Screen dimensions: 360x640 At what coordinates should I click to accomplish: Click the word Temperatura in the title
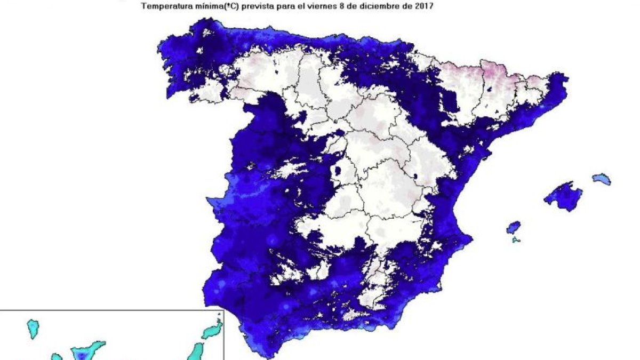164,7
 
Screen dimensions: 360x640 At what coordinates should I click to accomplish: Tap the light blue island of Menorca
602,179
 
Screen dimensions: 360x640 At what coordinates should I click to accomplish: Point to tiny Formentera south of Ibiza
516,241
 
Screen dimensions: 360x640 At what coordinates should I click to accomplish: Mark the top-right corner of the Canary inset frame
223,310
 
